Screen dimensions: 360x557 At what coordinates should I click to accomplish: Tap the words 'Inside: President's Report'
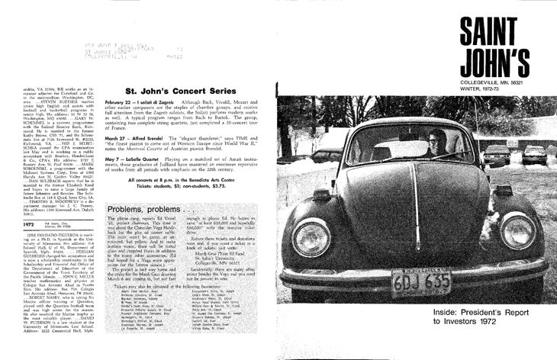(497, 313)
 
